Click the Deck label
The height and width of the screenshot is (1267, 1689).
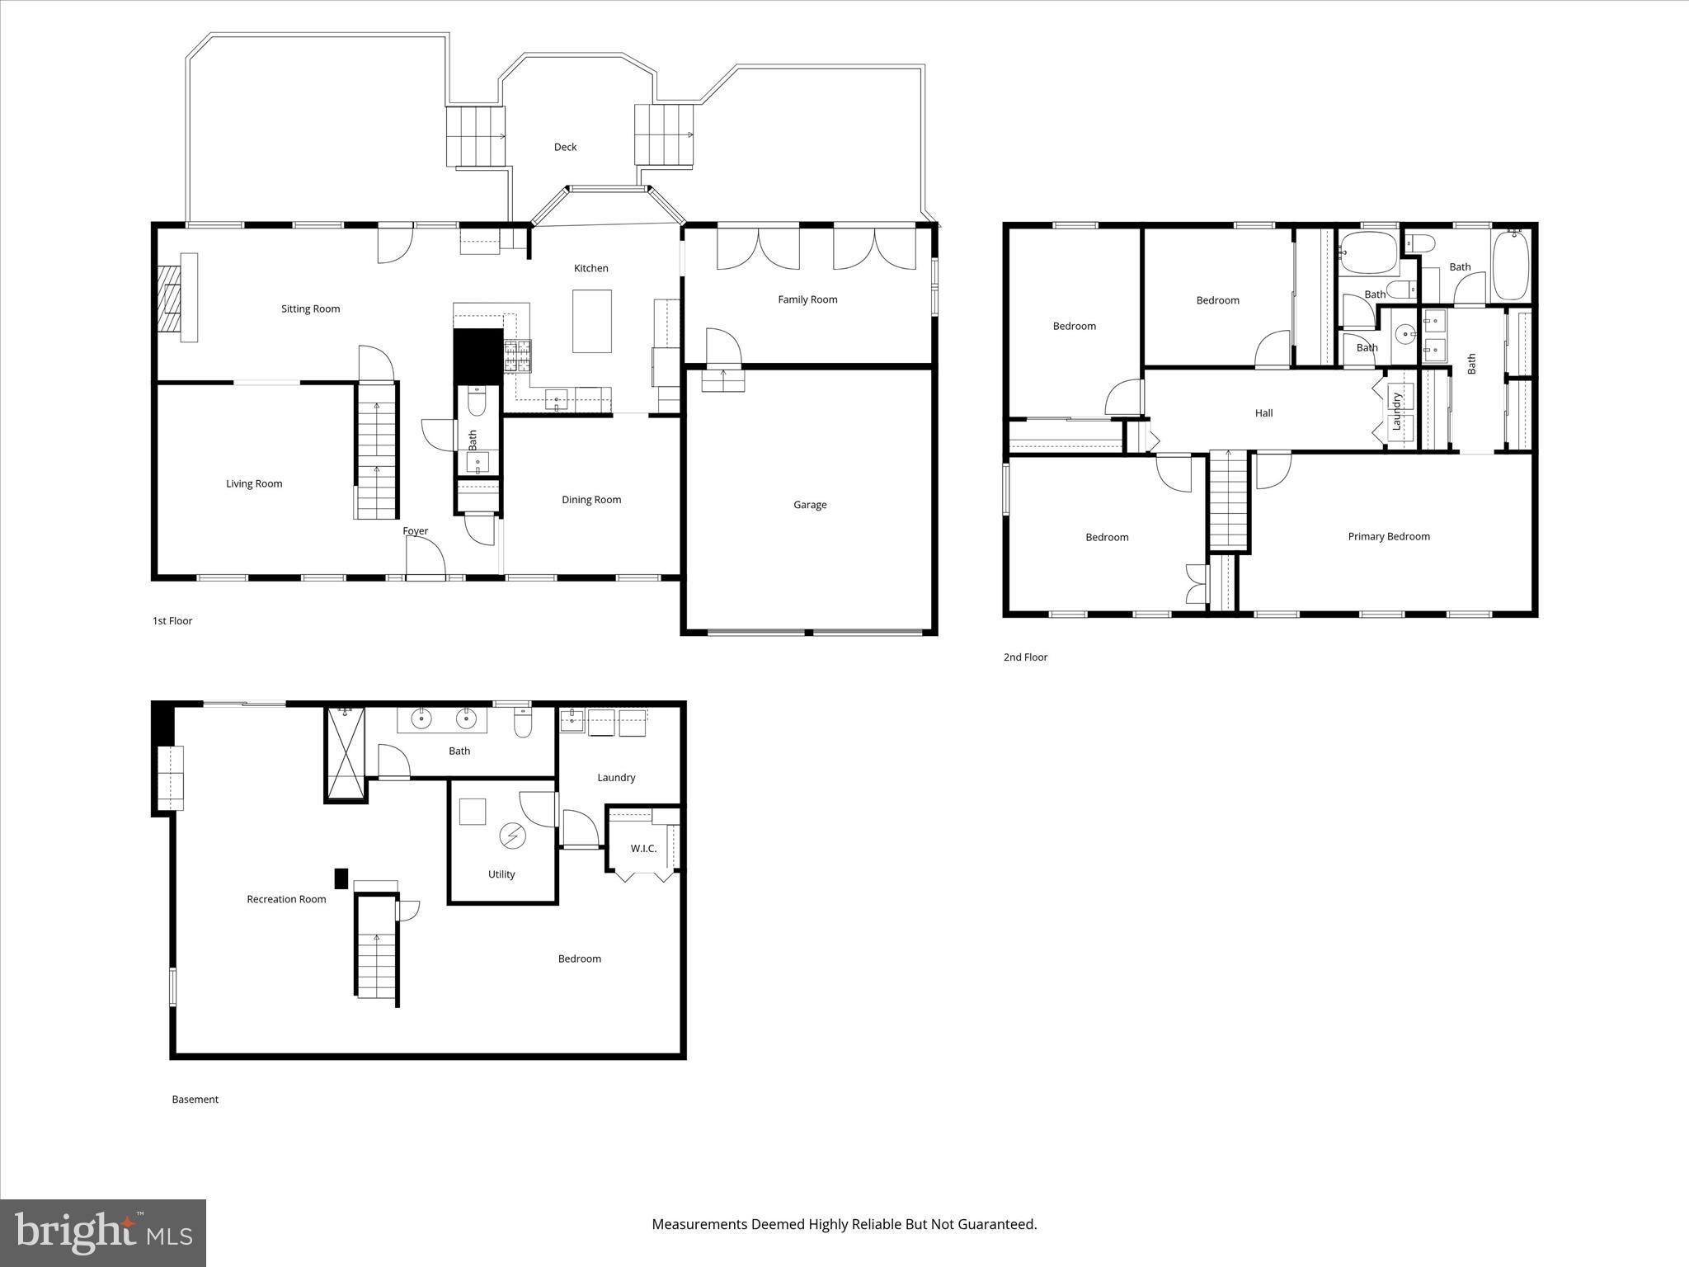point(565,147)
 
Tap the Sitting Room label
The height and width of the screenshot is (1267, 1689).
point(310,309)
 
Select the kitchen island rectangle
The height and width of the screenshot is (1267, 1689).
point(592,321)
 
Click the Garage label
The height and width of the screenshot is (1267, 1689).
point(809,505)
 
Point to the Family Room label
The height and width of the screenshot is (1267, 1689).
point(807,299)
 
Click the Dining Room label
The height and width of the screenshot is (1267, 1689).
point(591,499)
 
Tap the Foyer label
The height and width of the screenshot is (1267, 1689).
point(415,530)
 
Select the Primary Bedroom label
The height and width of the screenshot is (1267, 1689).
point(1389,536)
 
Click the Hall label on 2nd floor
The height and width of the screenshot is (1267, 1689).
point(1263,413)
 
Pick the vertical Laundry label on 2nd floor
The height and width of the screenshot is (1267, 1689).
point(1396,411)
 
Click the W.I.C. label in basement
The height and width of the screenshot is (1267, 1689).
point(643,848)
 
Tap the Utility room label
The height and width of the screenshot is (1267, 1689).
point(501,874)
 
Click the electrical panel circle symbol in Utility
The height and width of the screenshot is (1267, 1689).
point(512,836)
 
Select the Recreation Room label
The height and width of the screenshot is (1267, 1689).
point(286,899)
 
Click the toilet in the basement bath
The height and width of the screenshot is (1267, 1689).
point(523,723)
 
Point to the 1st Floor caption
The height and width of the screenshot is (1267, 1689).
point(172,620)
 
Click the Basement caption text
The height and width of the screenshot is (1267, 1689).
point(195,1099)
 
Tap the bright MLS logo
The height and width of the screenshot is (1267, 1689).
point(103,1232)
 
